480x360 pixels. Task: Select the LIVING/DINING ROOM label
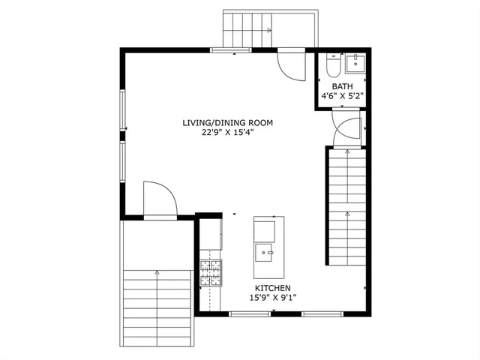click(x=226, y=123)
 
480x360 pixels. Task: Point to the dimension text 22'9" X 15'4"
click(x=226, y=133)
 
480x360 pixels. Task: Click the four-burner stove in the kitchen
click(x=211, y=272)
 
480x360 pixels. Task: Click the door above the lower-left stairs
click(x=159, y=199)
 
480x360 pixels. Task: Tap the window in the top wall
click(x=231, y=50)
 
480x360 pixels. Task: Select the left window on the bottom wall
click(x=249, y=313)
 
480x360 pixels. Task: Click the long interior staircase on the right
click(x=346, y=205)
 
